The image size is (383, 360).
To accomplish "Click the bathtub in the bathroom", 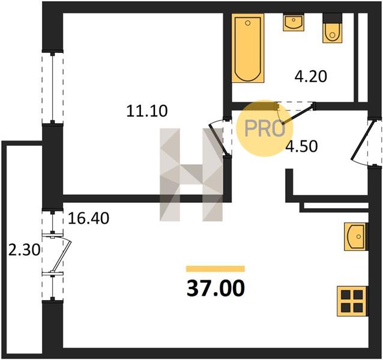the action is pyautogui.click(x=248, y=47).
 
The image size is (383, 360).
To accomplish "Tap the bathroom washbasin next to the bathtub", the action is pyautogui.click(x=294, y=22).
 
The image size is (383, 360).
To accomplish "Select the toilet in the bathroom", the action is pyautogui.click(x=332, y=33).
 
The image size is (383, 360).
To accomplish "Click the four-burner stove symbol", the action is pyautogui.click(x=352, y=301).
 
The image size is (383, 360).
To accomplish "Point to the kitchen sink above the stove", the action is pyautogui.click(x=355, y=236).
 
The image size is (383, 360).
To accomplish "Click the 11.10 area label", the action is pyautogui.click(x=147, y=111).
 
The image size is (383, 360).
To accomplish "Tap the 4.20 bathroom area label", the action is pyautogui.click(x=310, y=76).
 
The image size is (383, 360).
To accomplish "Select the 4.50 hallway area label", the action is pyautogui.click(x=302, y=146).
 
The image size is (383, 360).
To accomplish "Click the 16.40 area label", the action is pyautogui.click(x=88, y=218).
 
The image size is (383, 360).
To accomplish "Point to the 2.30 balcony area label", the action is pyautogui.click(x=24, y=250).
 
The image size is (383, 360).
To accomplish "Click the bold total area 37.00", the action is pyautogui.click(x=216, y=288).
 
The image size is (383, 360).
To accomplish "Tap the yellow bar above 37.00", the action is pyautogui.click(x=216, y=269).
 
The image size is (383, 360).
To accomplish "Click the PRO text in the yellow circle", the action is pyautogui.click(x=265, y=128).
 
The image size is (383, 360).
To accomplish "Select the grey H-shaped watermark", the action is pyautogui.click(x=191, y=175).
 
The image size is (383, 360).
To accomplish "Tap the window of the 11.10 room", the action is pyautogui.click(x=52, y=88).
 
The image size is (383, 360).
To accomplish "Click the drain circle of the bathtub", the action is pyautogui.click(x=248, y=23).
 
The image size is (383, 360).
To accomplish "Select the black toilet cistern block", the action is pyautogui.click(x=333, y=18).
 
